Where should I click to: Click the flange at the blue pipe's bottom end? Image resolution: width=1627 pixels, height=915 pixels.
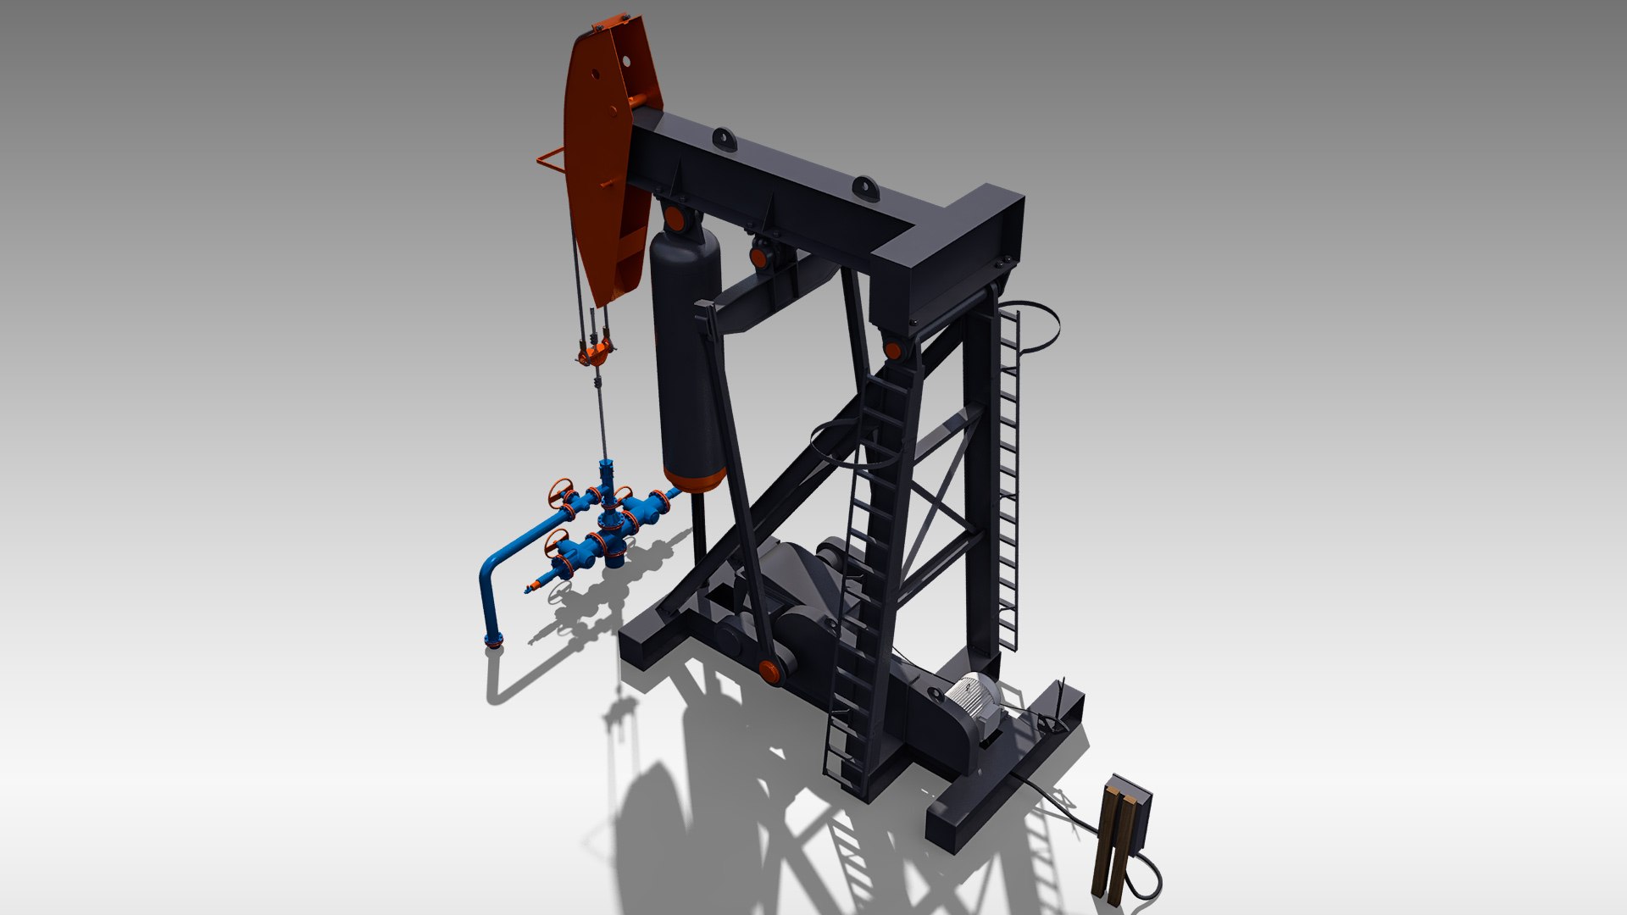tap(493, 640)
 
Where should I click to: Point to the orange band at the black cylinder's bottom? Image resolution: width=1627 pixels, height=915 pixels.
tap(693, 480)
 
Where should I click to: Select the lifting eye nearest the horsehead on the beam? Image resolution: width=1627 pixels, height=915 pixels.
tap(725, 139)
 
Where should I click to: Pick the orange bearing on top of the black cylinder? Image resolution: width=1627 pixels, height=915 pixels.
tap(675, 219)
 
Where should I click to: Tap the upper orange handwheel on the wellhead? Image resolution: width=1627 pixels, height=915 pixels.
tap(561, 491)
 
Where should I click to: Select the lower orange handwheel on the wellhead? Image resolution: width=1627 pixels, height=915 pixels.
tap(556, 541)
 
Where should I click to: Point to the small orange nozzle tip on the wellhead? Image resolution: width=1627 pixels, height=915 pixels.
tap(532, 587)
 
